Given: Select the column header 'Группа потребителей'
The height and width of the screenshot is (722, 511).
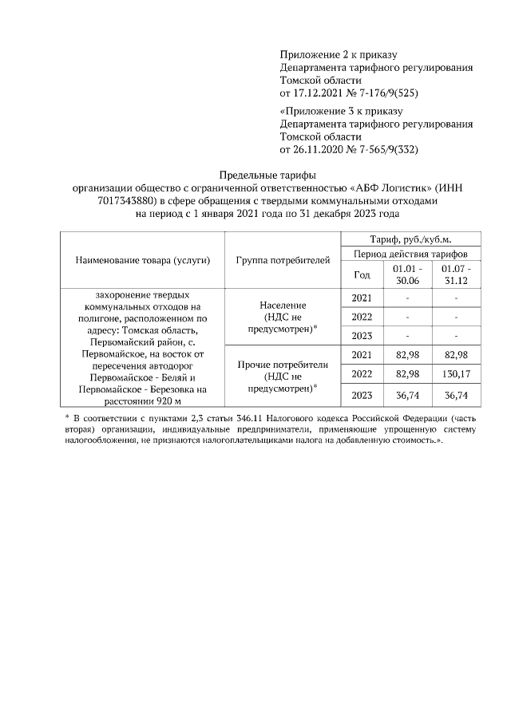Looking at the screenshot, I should pos(283,261).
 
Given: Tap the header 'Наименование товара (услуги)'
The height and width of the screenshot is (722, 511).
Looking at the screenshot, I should pos(142,261).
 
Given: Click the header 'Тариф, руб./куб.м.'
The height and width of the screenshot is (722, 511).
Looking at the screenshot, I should pos(410,239).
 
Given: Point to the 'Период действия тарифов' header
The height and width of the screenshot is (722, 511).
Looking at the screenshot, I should pos(410,254).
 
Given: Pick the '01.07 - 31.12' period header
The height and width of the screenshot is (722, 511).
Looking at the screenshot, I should pos(456,274).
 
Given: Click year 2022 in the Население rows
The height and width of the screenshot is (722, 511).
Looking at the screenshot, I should pos(361,317).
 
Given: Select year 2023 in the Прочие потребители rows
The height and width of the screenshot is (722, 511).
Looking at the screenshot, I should pos(361,394).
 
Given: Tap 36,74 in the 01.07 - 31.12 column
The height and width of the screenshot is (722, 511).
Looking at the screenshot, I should pos(456,394).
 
